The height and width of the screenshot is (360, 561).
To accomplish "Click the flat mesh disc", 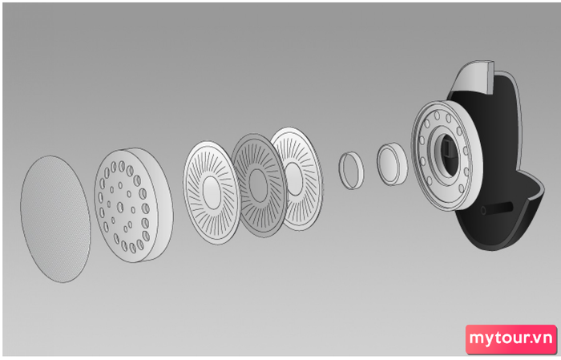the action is tap(55, 219).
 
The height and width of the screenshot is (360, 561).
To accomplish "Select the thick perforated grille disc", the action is tap(133, 204).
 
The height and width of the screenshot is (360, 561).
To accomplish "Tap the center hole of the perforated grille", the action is tap(120, 207).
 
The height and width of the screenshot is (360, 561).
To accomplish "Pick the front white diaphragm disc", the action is tap(212, 192).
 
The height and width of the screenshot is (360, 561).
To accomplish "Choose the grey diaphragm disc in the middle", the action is tap(259, 185).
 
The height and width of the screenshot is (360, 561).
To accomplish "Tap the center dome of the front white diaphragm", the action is tap(212, 193).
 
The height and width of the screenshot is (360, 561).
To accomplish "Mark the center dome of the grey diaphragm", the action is tap(258, 186).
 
